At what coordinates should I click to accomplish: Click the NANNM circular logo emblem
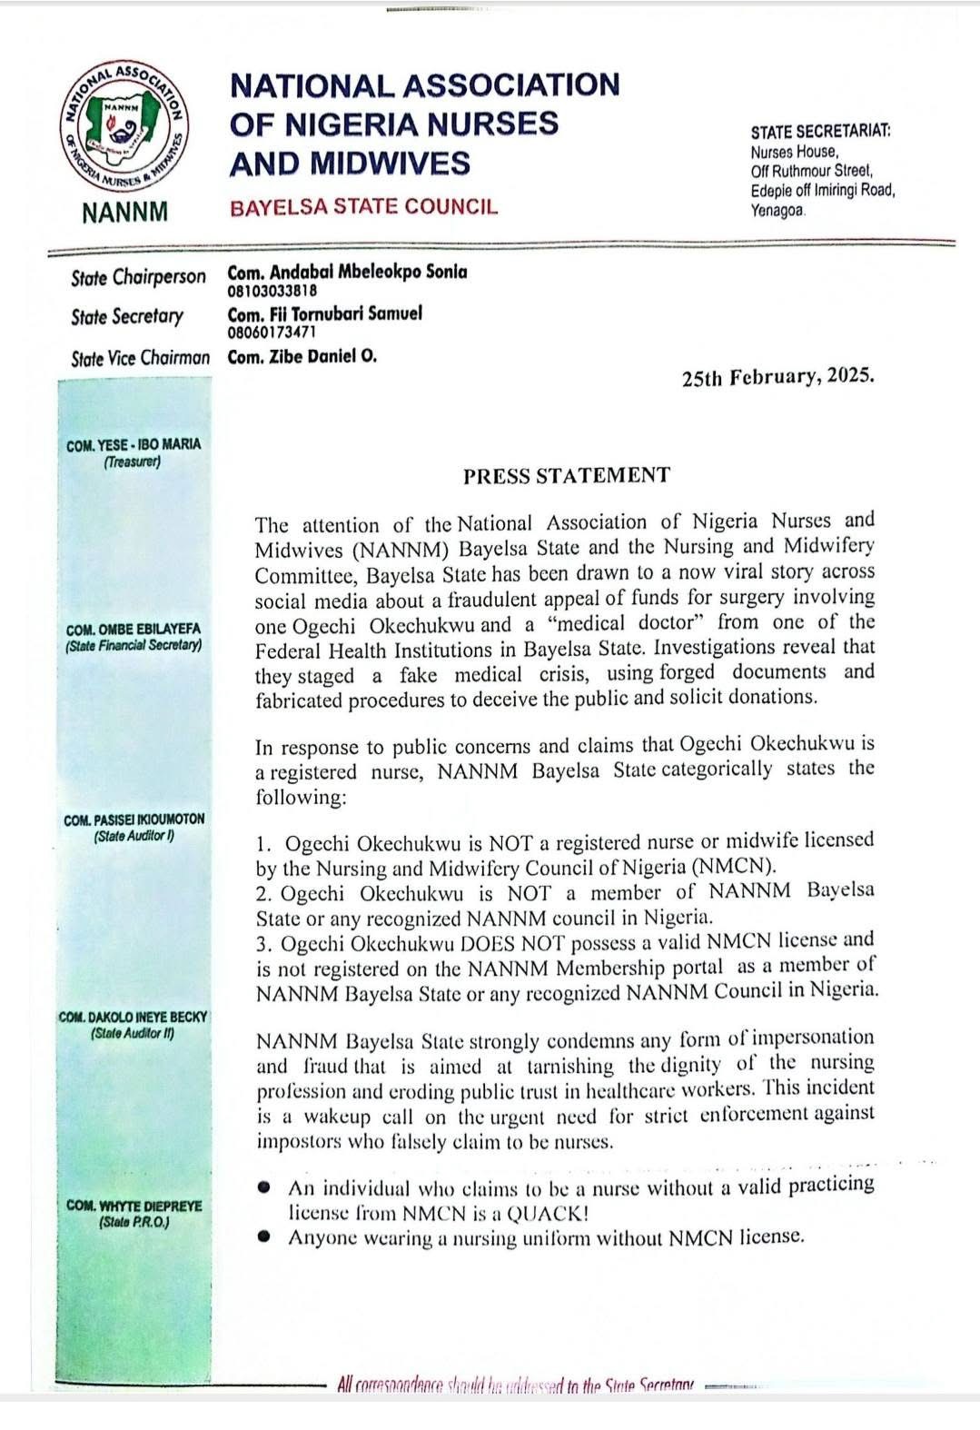coord(125,129)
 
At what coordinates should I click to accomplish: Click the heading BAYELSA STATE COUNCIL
coord(363,207)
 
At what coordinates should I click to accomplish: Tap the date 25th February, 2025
coord(777,377)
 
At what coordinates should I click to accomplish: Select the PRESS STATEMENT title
coord(566,476)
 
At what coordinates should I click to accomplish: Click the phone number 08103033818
coord(272,292)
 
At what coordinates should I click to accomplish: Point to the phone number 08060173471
coord(272,333)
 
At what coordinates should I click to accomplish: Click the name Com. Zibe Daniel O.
coord(302,357)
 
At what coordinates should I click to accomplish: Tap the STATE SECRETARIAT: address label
coord(820,132)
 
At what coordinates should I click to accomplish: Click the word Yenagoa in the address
coord(777,211)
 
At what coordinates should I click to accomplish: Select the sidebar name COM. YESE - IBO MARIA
coord(134,445)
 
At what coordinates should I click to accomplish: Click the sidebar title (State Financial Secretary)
coord(134,646)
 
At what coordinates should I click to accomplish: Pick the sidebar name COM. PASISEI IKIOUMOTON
coord(134,820)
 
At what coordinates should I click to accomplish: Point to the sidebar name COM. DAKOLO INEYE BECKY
coord(134,1018)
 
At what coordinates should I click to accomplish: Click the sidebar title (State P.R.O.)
coord(134,1222)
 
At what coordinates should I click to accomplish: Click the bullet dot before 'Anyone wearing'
coord(264,1236)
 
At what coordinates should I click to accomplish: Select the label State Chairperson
coord(138,277)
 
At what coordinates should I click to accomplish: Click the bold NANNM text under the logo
coord(124,213)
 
